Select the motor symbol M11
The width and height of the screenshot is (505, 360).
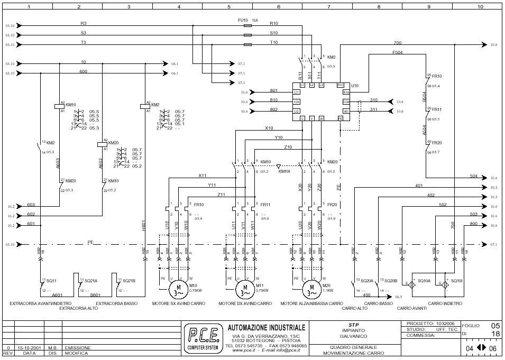click(242, 290)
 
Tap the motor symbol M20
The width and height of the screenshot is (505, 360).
click(309, 290)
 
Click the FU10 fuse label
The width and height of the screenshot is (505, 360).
click(243, 20)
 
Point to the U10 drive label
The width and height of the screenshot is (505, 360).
click(354, 85)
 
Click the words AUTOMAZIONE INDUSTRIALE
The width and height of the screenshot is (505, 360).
click(267, 328)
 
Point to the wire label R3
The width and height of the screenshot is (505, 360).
click(84, 23)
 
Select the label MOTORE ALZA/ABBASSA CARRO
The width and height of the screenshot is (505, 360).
click(311, 303)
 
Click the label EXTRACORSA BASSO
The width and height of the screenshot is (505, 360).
click(117, 303)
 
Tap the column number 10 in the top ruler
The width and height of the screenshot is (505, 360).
click(480, 7)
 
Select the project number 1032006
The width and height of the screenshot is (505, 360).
click(445, 324)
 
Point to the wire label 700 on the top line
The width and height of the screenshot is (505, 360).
click(397, 43)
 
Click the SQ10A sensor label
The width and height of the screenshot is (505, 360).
click(424, 281)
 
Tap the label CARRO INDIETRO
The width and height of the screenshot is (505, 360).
click(445, 303)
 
